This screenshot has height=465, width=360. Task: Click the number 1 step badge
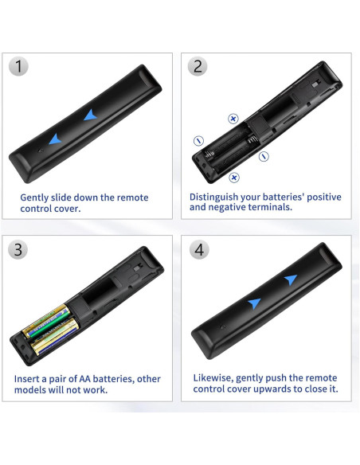coord(18,66)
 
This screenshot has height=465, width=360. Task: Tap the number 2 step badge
coord(198,66)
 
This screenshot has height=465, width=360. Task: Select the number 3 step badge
coord(18,249)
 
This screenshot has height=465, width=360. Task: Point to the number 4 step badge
coord(199,249)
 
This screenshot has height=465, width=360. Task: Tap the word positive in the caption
coord(324,197)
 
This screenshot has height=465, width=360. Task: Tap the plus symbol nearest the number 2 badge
coord(233,119)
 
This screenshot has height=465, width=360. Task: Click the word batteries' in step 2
coord(284,197)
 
